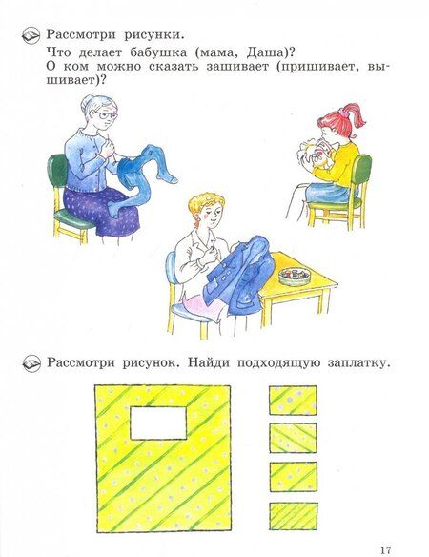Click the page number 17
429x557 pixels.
pyautogui.click(x=386, y=550)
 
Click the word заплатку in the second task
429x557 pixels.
pyautogui.click(x=359, y=363)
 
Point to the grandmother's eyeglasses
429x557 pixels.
pyautogui.click(x=106, y=115)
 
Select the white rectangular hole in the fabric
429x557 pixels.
pyautogui.click(x=158, y=423)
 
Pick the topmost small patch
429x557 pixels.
pyautogui.click(x=293, y=400)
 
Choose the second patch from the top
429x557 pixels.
pyautogui.click(x=293, y=438)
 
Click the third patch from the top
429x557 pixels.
pyautogui.click(x=294, y=477)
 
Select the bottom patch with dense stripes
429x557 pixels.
pyautogui.click(x=294, y=516)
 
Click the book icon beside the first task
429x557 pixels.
pyautogui.click(x=31, y=35)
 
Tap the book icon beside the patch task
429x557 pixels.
pyautogui.click(x=31, y=363)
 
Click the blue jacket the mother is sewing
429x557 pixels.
pyautogui.click(x=238, y=276)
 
